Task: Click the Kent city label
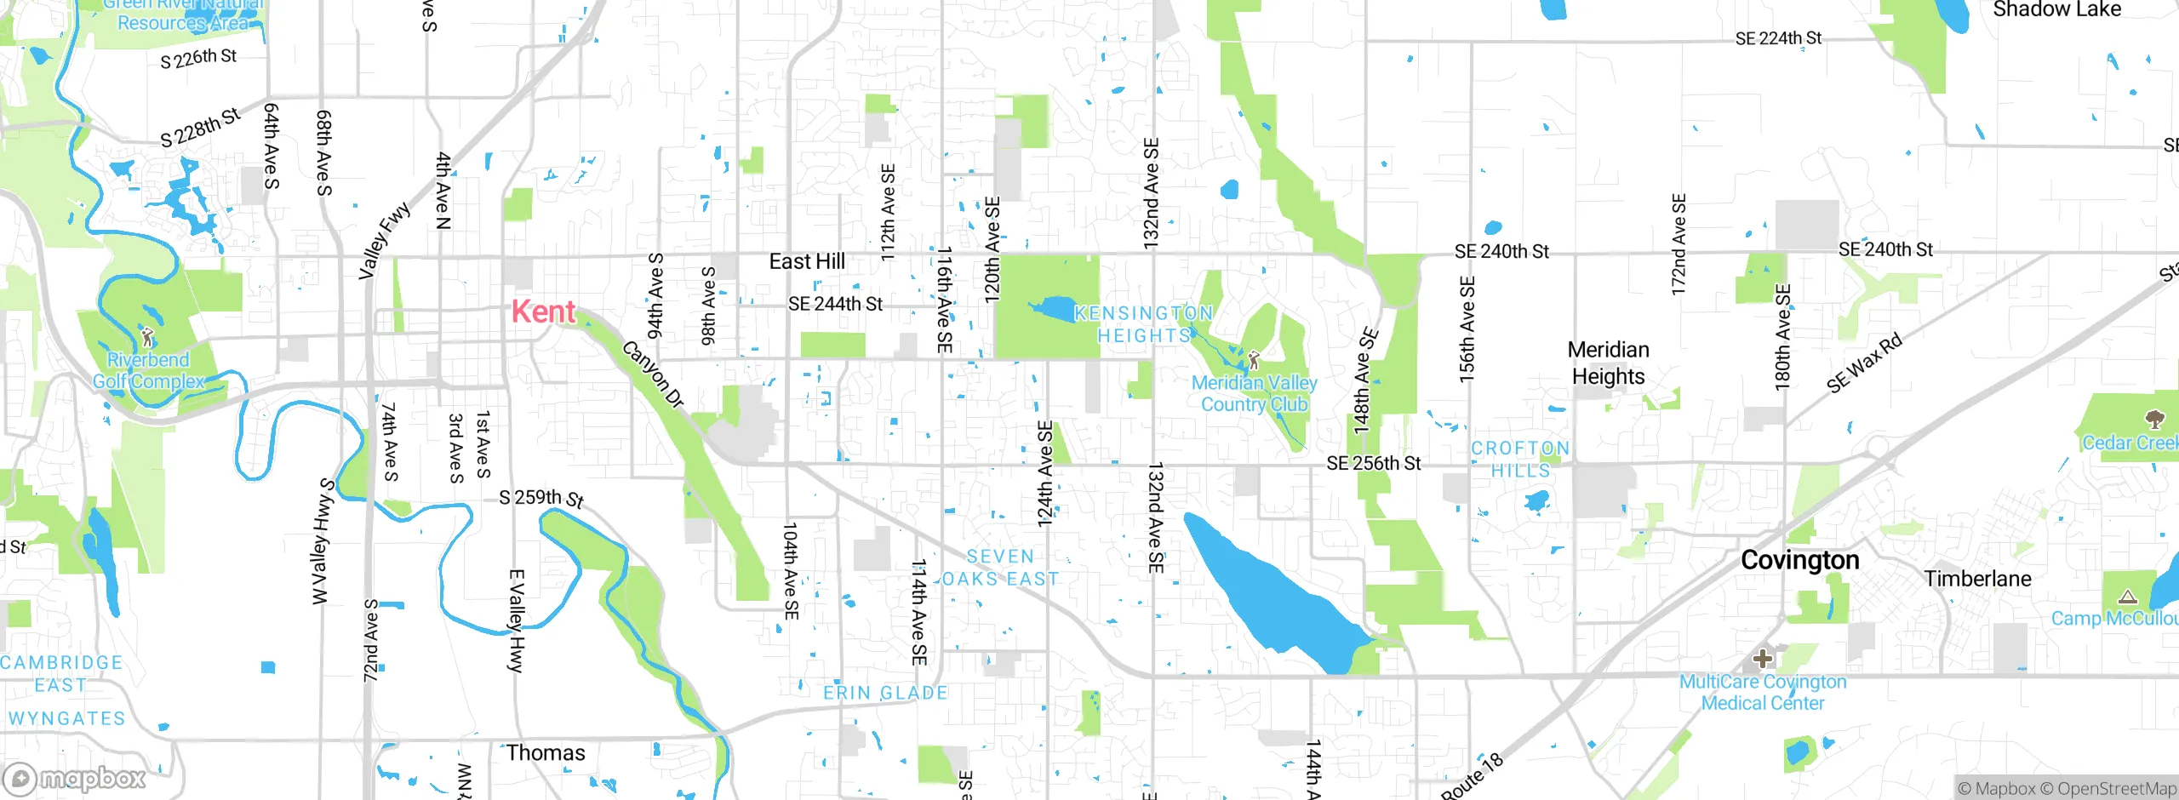[x=543, y=311]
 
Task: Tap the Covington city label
[x=1799, y=560]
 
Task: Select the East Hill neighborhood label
[x=806, y=261]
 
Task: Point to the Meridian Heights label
[x=1608, y=363]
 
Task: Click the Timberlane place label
[x=1977, y=579]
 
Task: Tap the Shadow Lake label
[x=2056, y=10]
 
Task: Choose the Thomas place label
[x=546, y=753]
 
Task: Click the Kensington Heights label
[x=1143, y=324]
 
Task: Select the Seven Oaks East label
[x=1000, y=568]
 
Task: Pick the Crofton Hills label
[x=1520, y=459]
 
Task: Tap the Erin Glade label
[x=885, y=693]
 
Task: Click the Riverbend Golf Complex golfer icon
[x=148, y=337]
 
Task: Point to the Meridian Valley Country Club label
[x=1254, y=394]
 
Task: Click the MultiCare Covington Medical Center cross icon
[x=1763, y=659]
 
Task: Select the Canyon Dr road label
[x=653, y=374]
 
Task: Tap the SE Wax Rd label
[x=1863, y=363]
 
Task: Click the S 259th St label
[x=541, y=498]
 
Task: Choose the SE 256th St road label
[x=1373, y=463]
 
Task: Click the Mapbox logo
[x=75, y=778]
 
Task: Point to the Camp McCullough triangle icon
[x=2127, y=597]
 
